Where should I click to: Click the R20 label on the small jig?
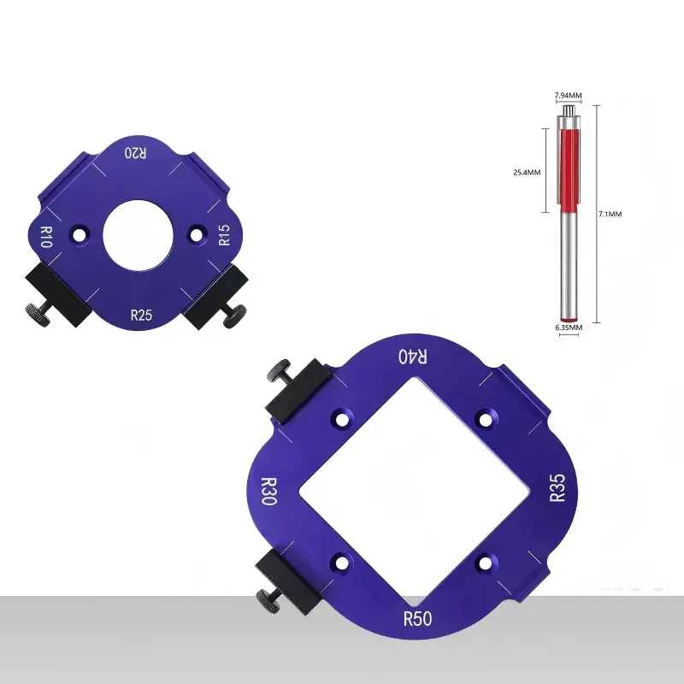[136, 153]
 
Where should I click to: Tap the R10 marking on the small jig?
[46, 237]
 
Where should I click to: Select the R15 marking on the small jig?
[224, 235]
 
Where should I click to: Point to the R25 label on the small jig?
[141, 315]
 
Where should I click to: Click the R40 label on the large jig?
[413, 357]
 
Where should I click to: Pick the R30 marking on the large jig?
[268, 491]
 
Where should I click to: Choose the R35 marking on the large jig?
[557, 487]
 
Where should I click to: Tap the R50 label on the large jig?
[417, 618]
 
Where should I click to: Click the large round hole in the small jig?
[138, 235]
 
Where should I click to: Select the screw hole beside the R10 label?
[79, 235]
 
